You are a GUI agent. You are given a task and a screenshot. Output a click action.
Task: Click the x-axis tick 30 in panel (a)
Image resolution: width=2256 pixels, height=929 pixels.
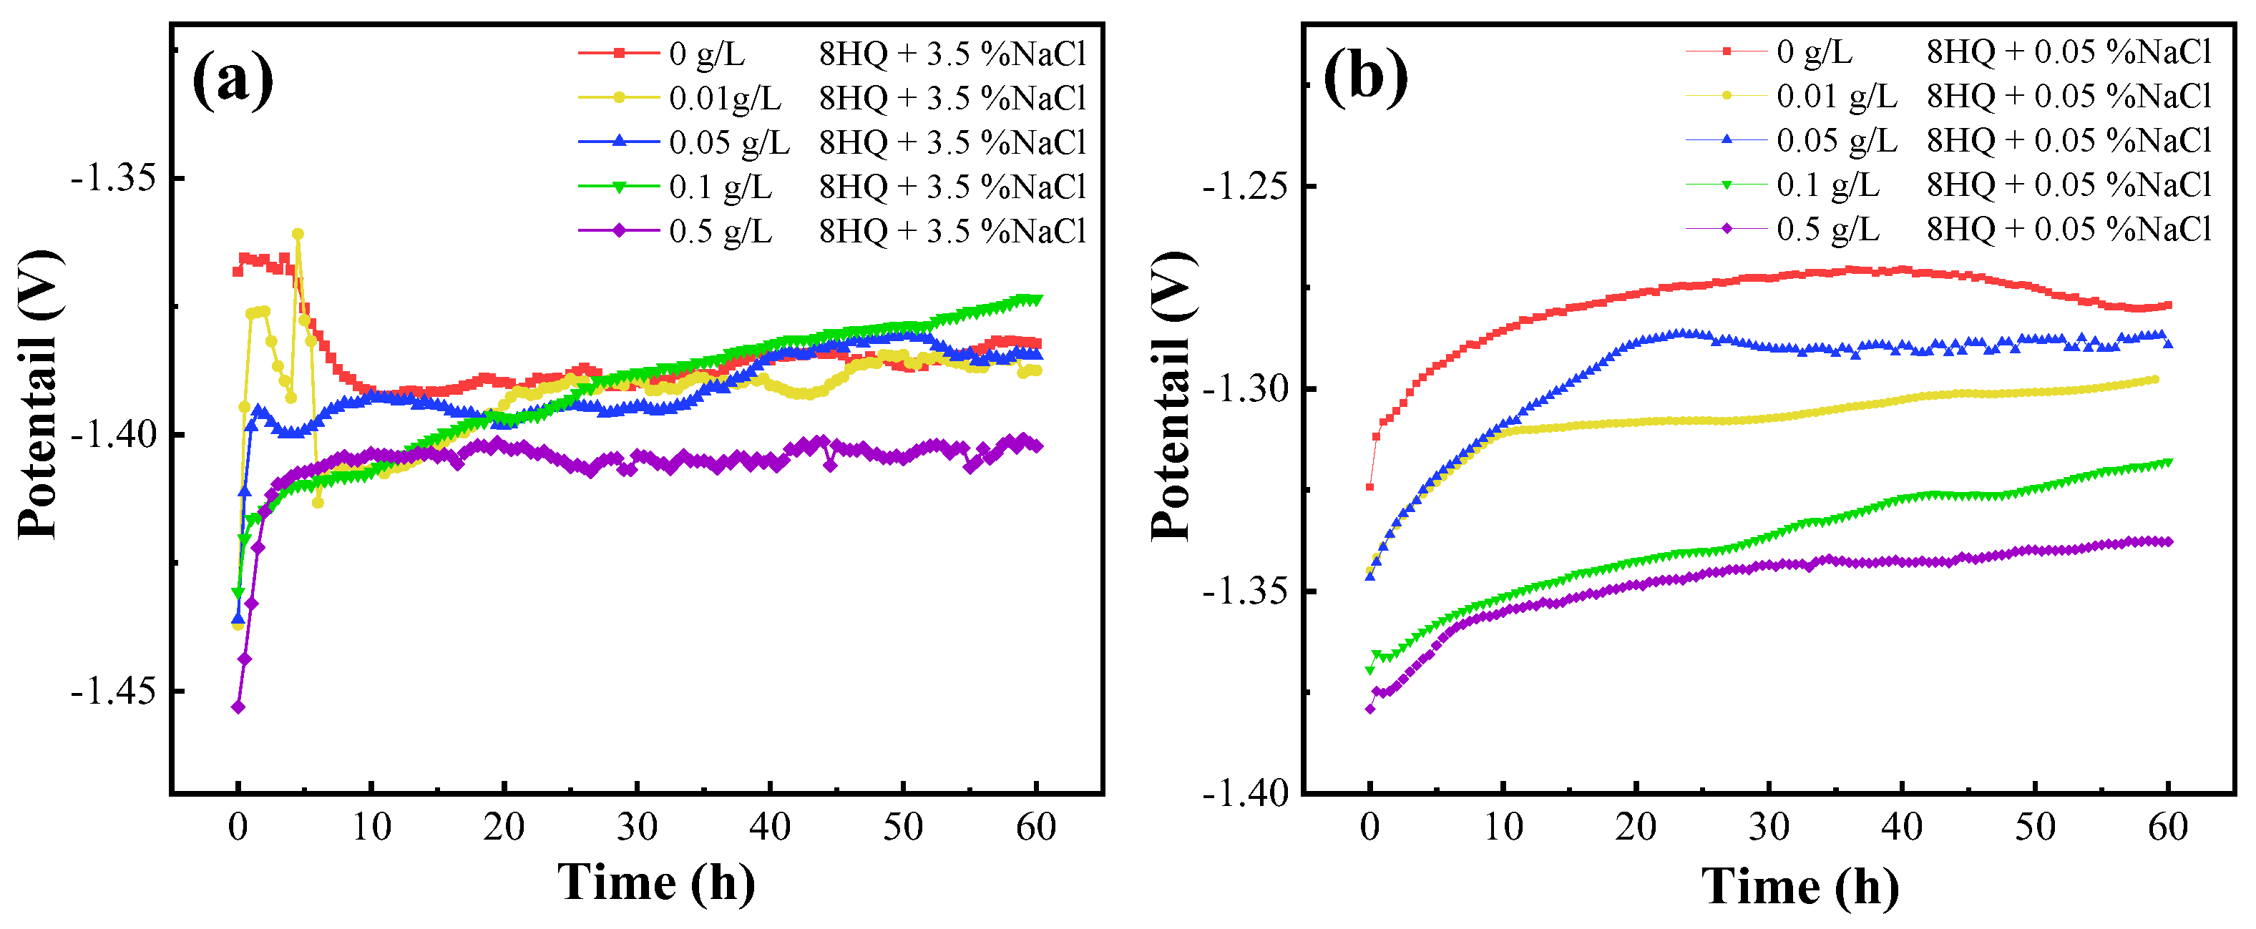click(x=637, y=827)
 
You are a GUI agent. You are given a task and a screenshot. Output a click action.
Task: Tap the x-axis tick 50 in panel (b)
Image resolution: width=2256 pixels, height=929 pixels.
click(x=2034, y=827)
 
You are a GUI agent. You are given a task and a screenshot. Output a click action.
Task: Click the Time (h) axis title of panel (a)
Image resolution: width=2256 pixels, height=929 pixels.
click(x=656, y=882)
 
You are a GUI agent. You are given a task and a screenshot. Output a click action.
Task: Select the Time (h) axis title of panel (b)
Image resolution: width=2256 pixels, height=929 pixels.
click(x=1800, y=886)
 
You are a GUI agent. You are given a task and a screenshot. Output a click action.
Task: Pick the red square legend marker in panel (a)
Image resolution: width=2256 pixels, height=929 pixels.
click(x=618, y=54)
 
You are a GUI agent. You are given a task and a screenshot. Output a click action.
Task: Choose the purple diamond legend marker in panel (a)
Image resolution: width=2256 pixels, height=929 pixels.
click(x=618, y=231)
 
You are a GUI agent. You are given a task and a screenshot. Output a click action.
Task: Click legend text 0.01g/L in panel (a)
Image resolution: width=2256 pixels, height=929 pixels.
click(x=724, y=98)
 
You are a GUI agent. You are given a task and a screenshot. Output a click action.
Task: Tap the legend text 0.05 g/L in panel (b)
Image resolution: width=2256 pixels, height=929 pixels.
click(x=1837, y=140)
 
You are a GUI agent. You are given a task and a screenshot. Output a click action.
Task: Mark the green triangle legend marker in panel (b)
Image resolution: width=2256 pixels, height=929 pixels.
click(x=1726, y=185)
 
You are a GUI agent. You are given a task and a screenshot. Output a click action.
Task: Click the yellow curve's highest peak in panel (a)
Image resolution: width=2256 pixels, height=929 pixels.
click(x=298, y=234)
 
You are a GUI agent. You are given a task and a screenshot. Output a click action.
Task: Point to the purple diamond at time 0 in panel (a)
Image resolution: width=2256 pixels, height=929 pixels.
click(x=238, y=707)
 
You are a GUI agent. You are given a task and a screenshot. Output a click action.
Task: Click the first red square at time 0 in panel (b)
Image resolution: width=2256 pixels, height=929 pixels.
click(x=1369, y=487)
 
